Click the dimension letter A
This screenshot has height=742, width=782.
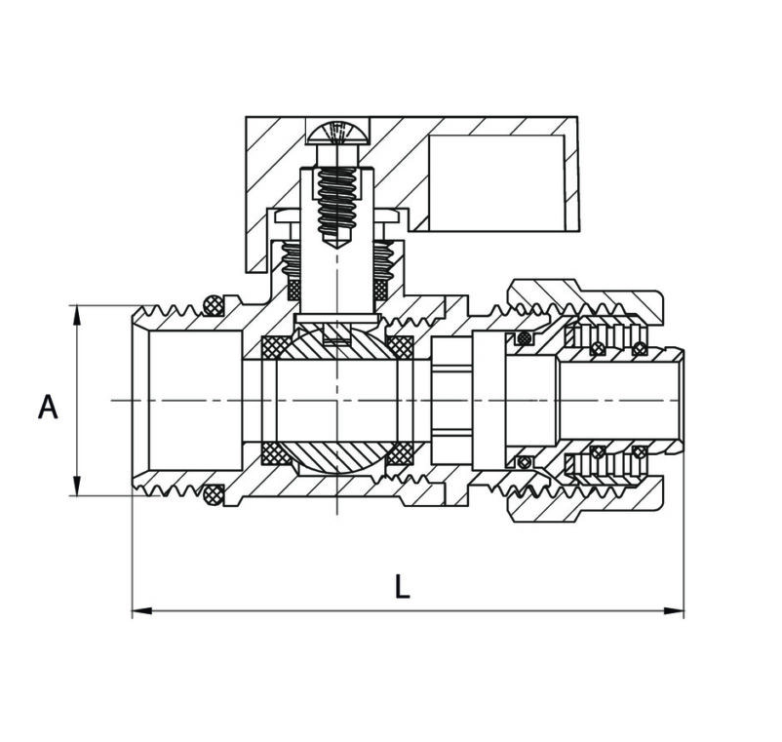click(x=48, y=407)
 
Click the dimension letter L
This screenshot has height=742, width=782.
click(x=403, y=587)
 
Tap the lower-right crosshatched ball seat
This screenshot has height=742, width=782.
click(x=399, y=454)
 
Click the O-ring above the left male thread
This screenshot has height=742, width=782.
click(x=214, y=303)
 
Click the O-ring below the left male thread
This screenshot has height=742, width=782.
click(x=214, y=496)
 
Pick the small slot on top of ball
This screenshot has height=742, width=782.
click(x=337, y=341)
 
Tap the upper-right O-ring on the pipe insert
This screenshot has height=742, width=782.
click(x=639, y=348)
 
